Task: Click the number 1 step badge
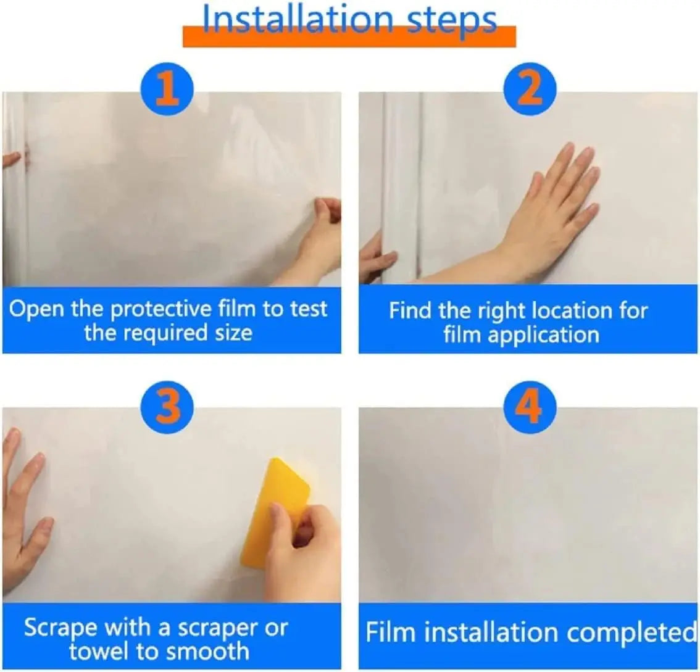[x=167, y=89]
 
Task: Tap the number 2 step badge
[x=530, y=89]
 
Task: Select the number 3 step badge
[x=167, y=407]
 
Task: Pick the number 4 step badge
[x=530, y=407]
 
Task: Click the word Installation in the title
[x=298, y=19]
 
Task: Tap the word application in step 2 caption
[x=543, y=335]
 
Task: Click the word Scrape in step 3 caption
[x=60, y=629]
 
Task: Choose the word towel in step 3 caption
[x=100, y=651]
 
